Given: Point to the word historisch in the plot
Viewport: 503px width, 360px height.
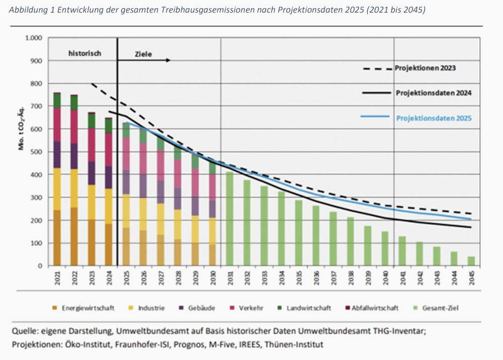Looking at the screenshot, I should click(85, 52).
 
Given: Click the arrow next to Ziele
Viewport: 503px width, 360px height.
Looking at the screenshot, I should click(156, 60).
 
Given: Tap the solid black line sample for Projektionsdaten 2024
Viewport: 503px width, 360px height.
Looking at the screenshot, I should click(375, 93).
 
